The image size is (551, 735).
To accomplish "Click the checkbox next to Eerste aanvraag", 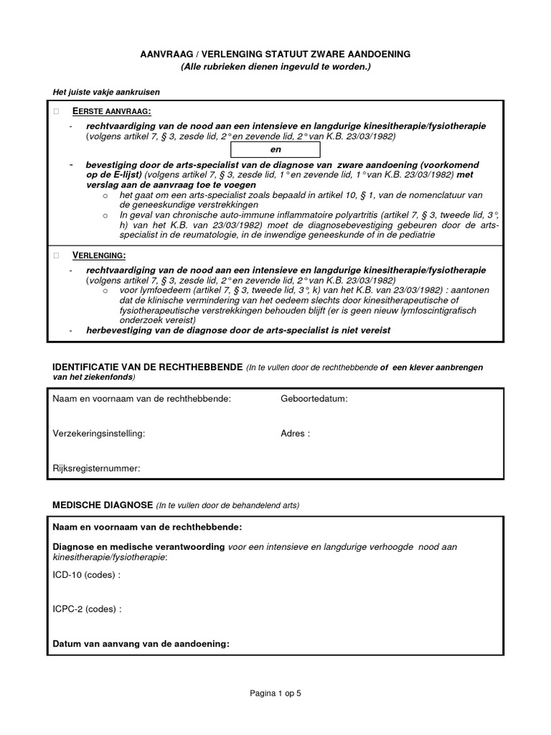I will [x=56, y=112].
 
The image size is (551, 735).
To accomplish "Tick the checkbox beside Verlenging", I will [x=56, y=256].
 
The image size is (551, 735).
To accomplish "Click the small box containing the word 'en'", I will [x=275, y=149].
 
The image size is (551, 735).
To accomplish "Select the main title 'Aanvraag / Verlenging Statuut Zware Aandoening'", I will [x=275, y=55].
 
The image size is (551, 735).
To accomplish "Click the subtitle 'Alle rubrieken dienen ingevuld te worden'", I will [x=275, y=67].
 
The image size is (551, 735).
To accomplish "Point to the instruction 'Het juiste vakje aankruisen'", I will [x=106, y=92].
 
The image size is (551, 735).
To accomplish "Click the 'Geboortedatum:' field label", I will [x=314, y=398].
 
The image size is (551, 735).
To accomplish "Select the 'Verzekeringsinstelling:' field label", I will [x=99, y=434].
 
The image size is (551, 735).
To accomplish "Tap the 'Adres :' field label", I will [x=295, y=434].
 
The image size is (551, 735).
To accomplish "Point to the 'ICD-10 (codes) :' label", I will [x=87, y=575].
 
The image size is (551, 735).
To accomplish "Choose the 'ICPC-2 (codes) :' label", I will [x=88, y=609].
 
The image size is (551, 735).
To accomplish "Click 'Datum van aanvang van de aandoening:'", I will [x=141, y=644].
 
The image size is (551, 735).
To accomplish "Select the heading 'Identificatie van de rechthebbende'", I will [x=148, y=367].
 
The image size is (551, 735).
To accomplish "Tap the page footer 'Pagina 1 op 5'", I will [x=275, y=693].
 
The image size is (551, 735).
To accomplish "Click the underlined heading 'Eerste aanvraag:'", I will [x=112, y=112].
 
